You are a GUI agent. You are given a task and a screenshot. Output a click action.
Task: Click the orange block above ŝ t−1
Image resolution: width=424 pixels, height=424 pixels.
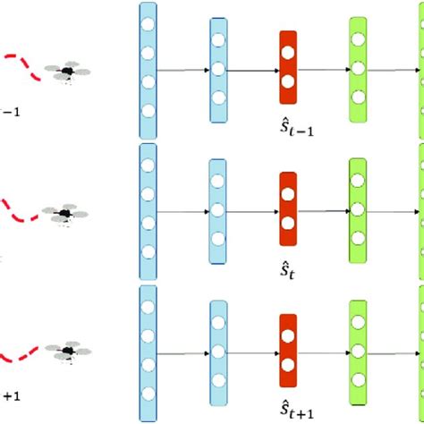pyautogui.click(x=287, y=65)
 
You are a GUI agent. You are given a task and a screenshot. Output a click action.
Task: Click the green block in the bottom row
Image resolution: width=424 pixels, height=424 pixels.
pyautogui.click(x=359, y=350)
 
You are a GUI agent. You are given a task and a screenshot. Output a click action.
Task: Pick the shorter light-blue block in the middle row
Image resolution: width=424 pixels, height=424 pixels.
pyautogui.click(x=216, y=211)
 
